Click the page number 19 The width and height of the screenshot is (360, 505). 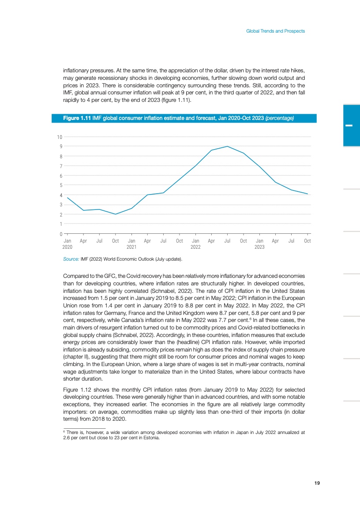pos(317,483)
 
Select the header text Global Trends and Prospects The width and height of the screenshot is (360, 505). pos(275,31)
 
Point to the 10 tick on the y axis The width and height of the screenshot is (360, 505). pos(59,137)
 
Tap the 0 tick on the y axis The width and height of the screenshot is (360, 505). pos(60,234)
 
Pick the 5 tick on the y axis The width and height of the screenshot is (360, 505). pos(60,185)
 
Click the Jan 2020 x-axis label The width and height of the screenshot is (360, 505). pos(67,244)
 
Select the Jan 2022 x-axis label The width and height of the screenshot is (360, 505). pos(195,244)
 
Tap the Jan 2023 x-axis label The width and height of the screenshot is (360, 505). pos(259,244)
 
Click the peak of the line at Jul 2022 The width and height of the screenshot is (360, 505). pos(227,146)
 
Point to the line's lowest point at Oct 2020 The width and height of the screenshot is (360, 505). pos(116,214)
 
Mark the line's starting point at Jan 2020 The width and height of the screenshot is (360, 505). pos(67,198)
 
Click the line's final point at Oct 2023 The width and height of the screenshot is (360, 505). pos(307,194)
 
